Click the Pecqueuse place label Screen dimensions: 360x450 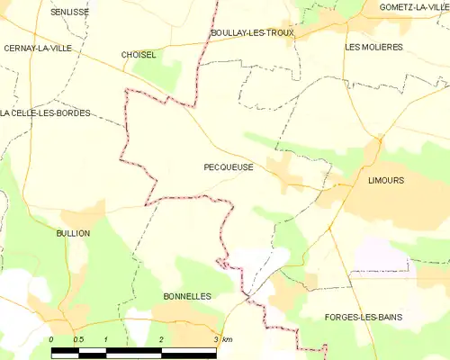229,166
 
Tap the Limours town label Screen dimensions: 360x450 386,180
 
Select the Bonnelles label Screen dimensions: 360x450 187,295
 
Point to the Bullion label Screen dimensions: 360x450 73,233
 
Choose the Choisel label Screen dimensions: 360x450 139,54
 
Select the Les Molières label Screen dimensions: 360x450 373,46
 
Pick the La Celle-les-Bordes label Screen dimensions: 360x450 46,112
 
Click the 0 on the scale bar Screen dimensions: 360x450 51,338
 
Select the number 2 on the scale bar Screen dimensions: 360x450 161,338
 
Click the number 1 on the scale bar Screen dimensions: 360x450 106,338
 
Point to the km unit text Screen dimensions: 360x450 227,338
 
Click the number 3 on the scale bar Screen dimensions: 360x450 216,338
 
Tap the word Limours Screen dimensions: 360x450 386,180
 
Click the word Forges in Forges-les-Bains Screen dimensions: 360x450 341,317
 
